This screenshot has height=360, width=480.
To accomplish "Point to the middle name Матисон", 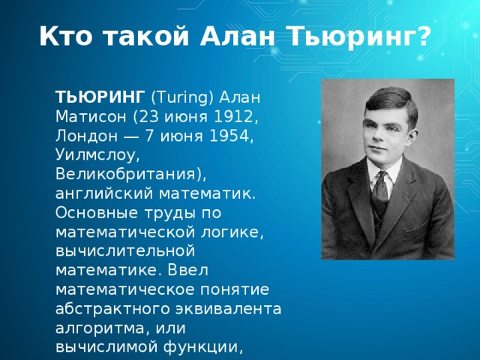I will tap(92, 116).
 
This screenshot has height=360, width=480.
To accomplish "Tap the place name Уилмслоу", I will tap(97, 155).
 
